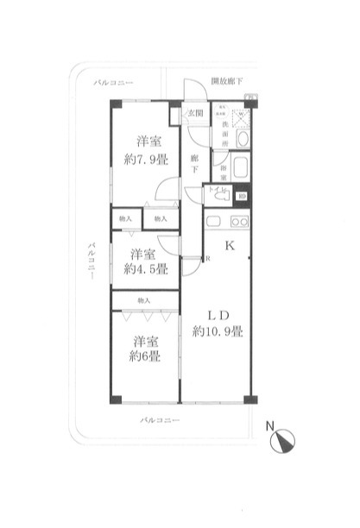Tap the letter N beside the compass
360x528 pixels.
click(270, 424)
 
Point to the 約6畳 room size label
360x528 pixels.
click(143, 357)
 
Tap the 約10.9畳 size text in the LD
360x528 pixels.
click(218, 331)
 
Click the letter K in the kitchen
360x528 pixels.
click(230, 246)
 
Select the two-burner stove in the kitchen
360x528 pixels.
click(238, 222)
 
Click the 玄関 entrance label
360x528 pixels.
click(196, 113)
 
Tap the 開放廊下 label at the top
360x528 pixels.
click(227, 81)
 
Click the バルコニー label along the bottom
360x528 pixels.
click(161, 420)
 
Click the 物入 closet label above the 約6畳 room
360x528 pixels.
click(143, 300)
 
